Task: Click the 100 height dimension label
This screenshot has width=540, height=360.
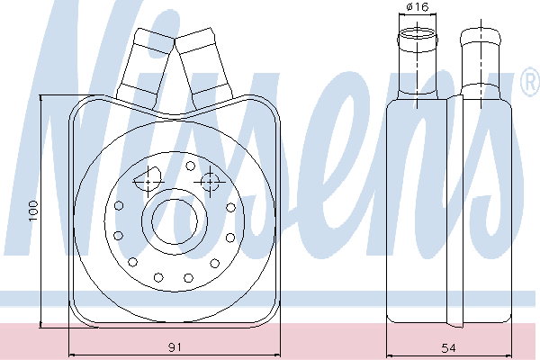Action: (33, 211)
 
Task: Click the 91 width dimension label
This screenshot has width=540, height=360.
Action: (175, 347)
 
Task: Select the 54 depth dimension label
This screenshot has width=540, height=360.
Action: (448, 348)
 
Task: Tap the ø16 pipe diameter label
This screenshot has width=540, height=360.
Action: (417, 7)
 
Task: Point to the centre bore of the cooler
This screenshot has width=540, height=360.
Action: (175, 221)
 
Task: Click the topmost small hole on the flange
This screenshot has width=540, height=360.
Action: (190, 166)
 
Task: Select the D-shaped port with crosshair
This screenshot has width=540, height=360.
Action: (148, 180)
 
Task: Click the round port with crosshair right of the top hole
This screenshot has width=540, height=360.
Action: (210, 182)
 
